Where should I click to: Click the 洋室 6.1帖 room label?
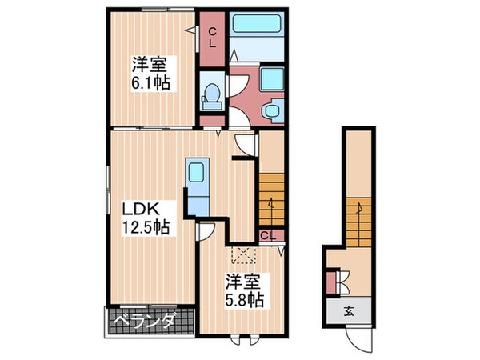click(150, 73)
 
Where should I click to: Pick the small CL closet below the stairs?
click(268, 235)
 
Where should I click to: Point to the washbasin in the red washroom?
click(273, 111)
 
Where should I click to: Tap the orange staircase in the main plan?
click(271, 200)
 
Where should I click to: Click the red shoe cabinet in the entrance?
click(331, 284)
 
